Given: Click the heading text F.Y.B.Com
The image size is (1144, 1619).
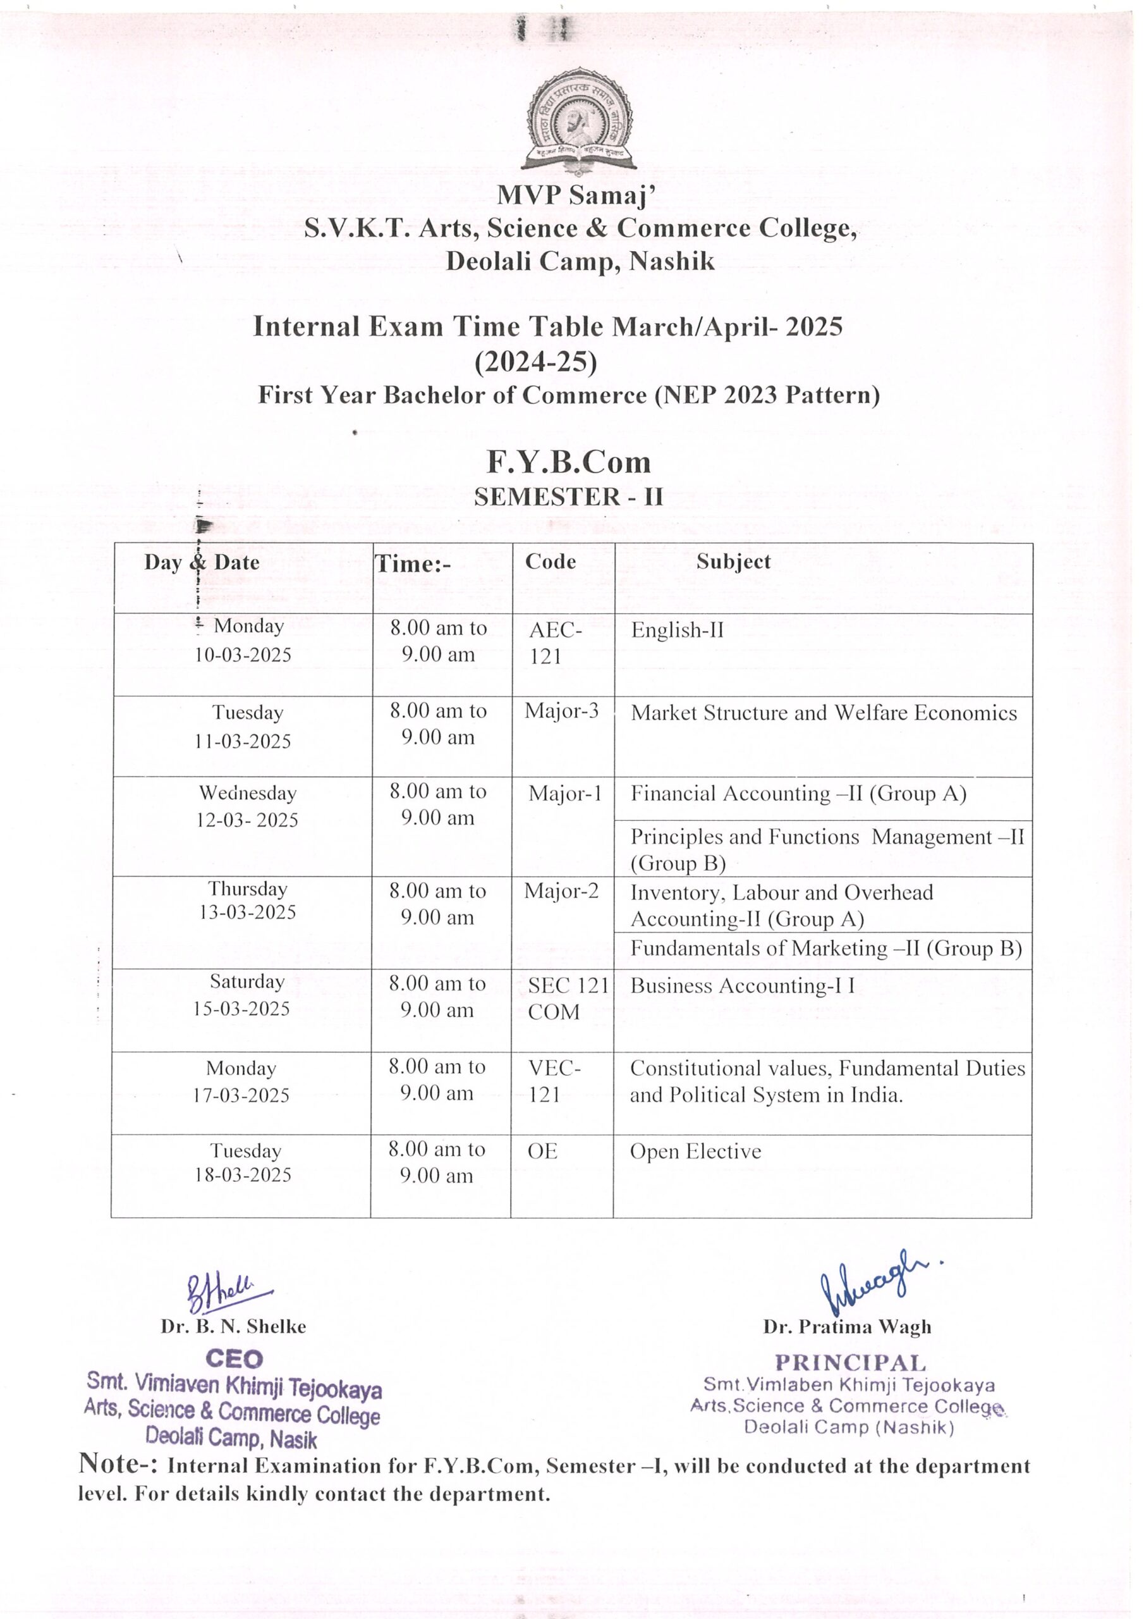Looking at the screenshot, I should coord(568,462).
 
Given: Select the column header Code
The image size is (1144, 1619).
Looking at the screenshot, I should coord(550,562).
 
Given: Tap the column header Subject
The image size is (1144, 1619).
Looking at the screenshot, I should coord(733,562).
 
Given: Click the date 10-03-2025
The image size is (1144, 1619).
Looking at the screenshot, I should coord(243,655).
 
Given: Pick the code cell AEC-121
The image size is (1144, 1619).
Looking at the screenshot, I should coord(555,643).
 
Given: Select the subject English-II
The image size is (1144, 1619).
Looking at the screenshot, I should coord(677,630).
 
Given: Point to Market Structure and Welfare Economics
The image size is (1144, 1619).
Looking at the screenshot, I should coord(824,713).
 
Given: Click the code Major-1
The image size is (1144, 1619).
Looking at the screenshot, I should coord(564,794).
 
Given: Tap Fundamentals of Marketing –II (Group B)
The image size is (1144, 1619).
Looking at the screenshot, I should coord(825,949).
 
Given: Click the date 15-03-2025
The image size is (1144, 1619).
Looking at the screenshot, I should coord(242,1009).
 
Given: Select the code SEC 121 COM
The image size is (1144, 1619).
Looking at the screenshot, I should coord(566,999).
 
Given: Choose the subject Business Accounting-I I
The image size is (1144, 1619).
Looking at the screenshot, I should coord(741,986).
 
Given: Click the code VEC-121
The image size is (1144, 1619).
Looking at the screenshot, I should coord(554,1081).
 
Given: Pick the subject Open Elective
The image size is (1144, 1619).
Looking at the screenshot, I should coord(695,1152).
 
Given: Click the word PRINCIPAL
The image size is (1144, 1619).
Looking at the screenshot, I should coord(850,1363).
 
